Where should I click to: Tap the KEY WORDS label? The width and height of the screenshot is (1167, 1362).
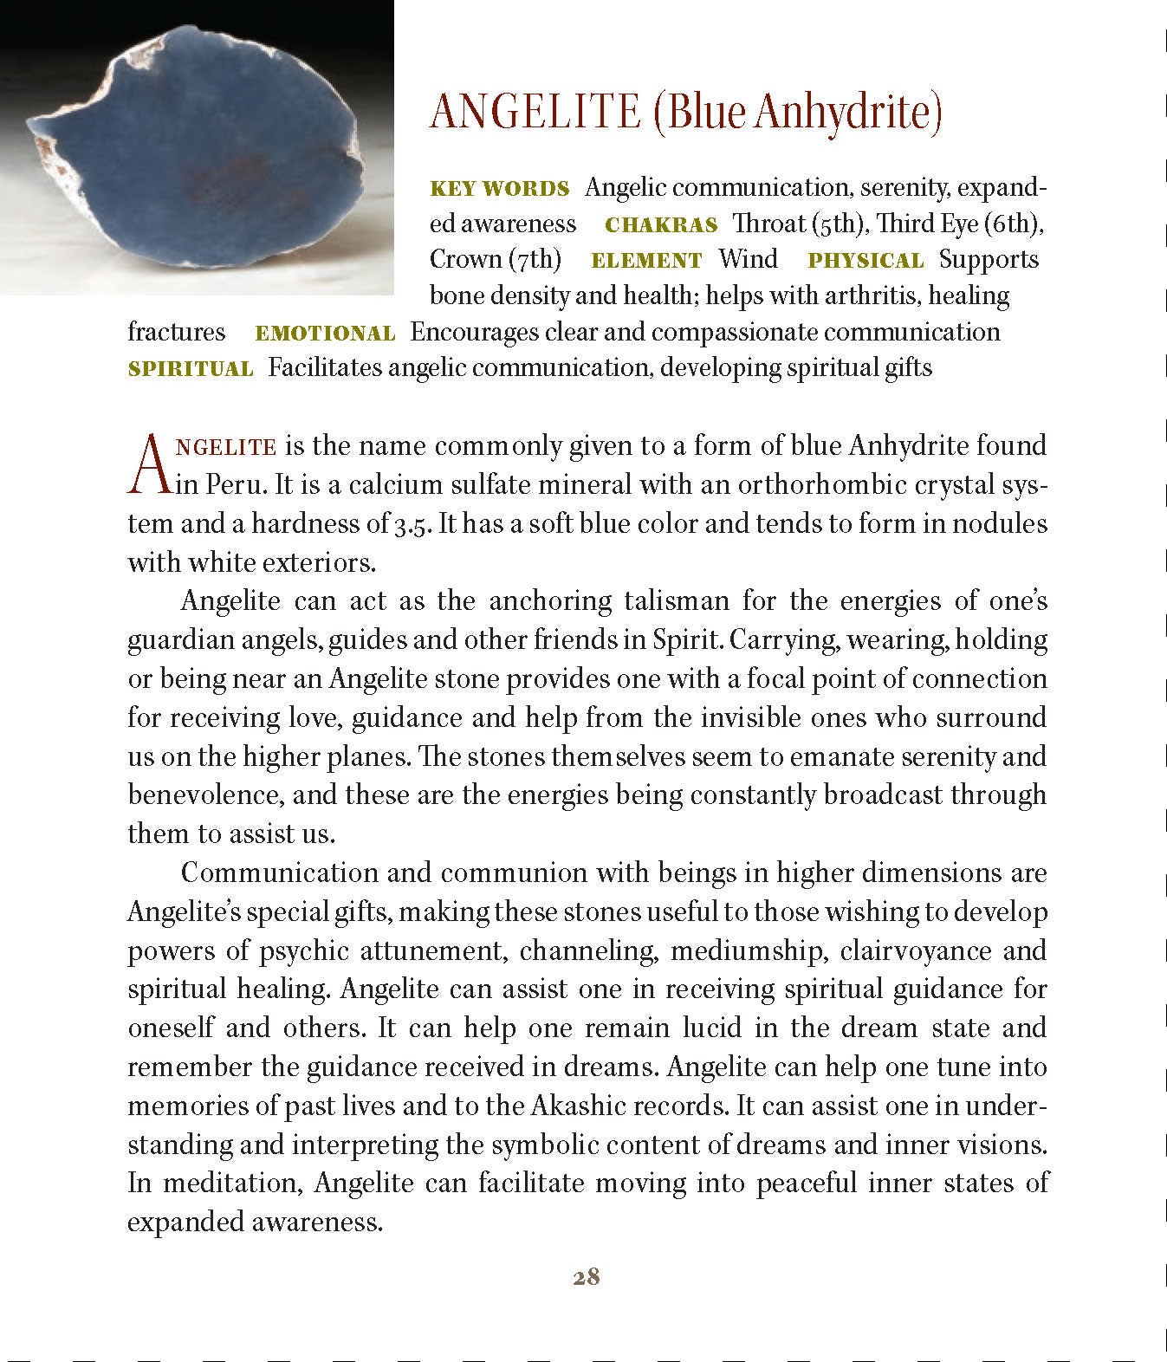pyautogui.click(x=500, y=189)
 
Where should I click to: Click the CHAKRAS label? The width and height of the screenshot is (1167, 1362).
pyautogui.click(x=661, y=225)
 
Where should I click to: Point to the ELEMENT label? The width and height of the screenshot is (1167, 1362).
pyautogui.click(x=646, y=261)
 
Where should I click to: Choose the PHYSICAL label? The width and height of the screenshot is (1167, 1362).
pyautogui.click(x=866, y=261)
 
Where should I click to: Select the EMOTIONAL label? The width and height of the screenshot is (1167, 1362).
pyautogui.click(x=325, y=334)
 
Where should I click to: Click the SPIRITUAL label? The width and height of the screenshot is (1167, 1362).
pyautogui.click(x=191, y=369)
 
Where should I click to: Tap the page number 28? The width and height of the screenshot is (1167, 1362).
pyautogui.click(x=587, y=1277)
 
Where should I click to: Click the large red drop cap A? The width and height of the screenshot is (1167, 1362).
pyautogui.click(x=148, y=464)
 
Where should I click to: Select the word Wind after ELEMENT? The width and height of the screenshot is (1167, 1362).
pyautogui.click(x=748, y=260)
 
